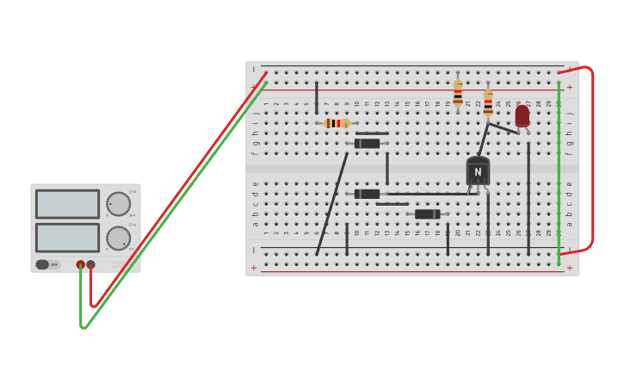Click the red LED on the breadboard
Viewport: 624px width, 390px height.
522,116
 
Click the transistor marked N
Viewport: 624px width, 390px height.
478,171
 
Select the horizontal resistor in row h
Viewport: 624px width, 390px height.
337,123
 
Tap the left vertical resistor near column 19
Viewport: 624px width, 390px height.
458,92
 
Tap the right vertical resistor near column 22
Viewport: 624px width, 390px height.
488,102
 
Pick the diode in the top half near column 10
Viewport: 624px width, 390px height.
368,144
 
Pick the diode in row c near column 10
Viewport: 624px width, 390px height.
368,194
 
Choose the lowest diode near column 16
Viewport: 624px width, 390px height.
427,214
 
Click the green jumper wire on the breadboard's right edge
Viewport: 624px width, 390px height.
559,172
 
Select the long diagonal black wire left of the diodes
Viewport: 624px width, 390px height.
332,204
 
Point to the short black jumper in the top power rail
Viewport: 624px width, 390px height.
317,96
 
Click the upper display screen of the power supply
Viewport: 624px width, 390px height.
67,204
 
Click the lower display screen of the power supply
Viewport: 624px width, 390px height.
67,238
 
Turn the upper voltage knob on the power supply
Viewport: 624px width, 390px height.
118,204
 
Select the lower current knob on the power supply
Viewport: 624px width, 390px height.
118,238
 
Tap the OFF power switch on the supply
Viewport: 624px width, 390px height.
43,264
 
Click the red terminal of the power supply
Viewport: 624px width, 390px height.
80,264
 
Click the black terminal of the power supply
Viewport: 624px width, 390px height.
91,264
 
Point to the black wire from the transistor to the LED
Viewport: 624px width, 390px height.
503,128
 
